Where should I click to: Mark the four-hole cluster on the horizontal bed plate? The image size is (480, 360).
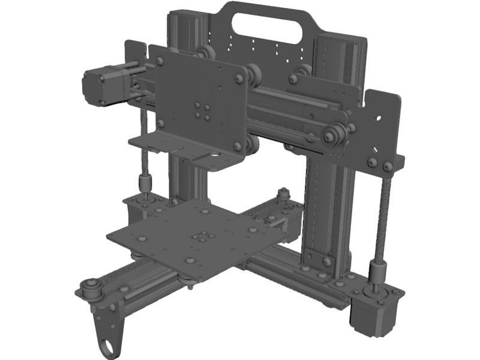[202, 238]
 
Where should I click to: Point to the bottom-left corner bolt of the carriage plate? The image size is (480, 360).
[161, 124]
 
